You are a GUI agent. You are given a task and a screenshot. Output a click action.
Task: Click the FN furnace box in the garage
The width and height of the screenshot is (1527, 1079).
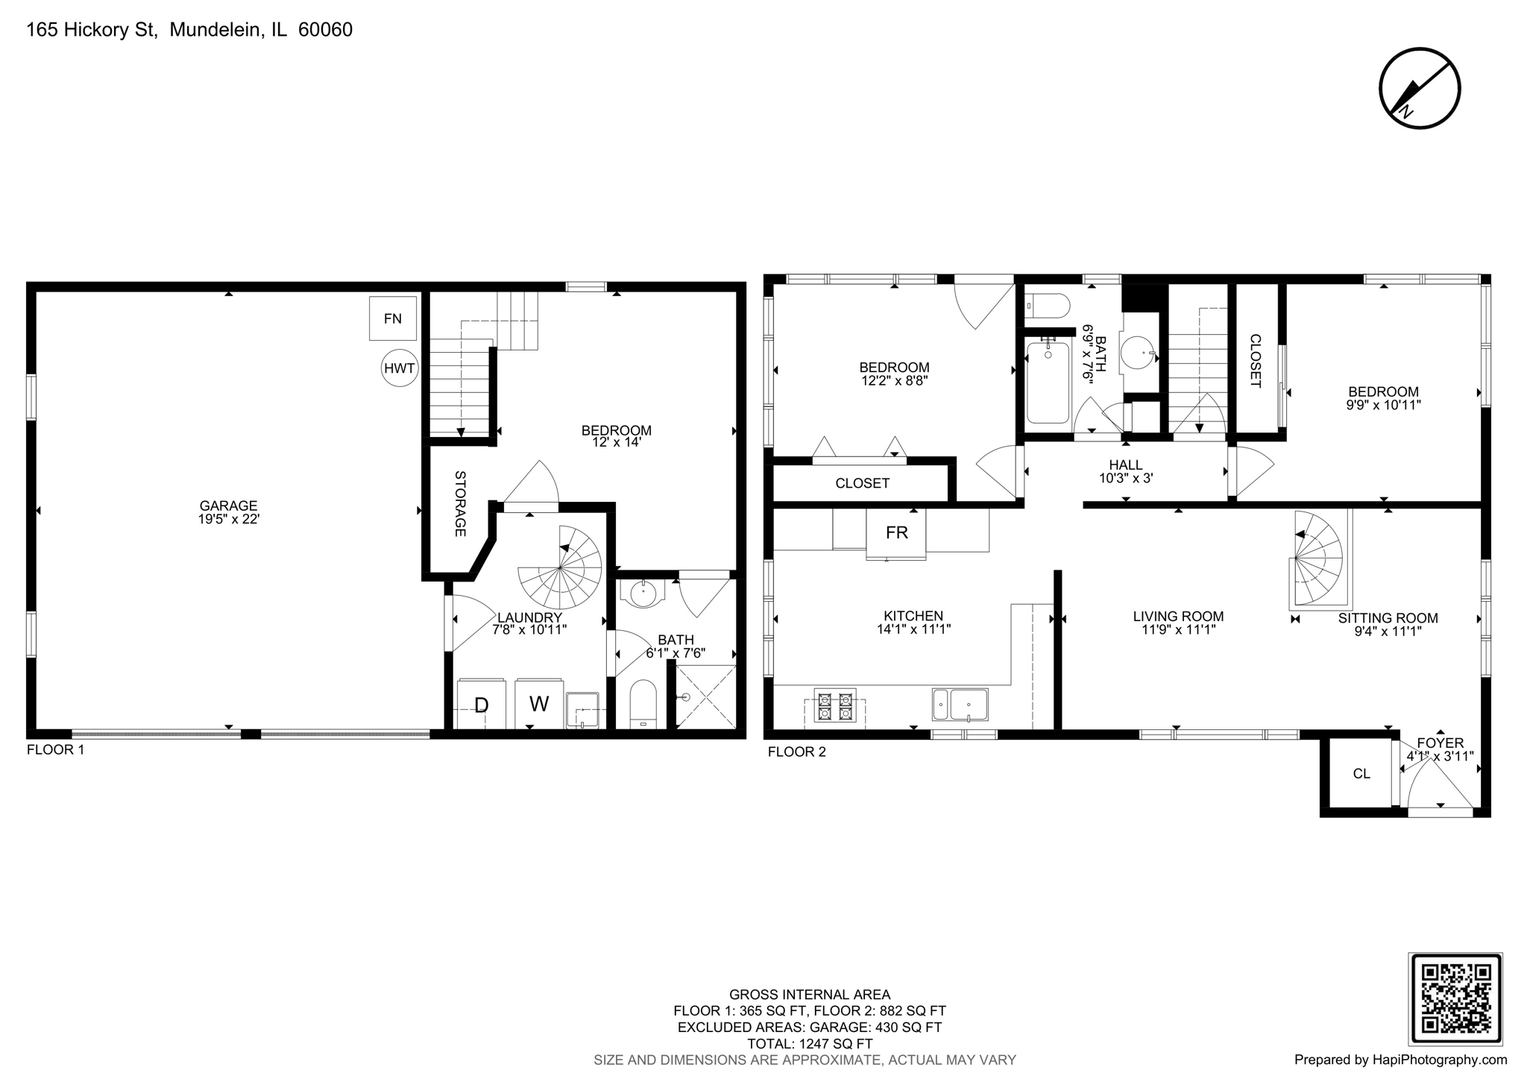point(392,318)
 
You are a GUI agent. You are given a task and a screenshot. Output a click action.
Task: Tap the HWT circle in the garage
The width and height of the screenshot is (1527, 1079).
point(399,368)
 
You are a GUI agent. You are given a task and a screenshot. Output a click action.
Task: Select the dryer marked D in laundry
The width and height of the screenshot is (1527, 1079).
point(481,704)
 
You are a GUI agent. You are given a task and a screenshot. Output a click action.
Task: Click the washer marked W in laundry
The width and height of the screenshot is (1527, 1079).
point(538,703)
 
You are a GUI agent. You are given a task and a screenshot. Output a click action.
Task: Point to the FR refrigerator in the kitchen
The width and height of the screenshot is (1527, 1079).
point(896,532)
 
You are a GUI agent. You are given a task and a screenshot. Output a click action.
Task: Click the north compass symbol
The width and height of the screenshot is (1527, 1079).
point(1419,88)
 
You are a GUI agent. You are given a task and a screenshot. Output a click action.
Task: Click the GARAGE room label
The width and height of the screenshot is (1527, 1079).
point(228,512)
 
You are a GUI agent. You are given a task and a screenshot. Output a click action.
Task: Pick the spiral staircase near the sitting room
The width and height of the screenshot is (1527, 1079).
point(1317,558)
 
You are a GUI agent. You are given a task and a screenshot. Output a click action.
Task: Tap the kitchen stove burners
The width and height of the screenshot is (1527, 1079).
point(834,706)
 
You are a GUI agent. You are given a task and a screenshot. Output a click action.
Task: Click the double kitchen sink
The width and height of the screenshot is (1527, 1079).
point(960,704)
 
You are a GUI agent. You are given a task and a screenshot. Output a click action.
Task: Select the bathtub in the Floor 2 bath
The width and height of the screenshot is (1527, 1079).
point(1048,381)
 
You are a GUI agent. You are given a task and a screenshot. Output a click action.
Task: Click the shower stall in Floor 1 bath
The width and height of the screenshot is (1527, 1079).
point(705,697)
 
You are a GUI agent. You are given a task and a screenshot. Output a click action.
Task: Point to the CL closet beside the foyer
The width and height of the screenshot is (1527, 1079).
point(1361,773)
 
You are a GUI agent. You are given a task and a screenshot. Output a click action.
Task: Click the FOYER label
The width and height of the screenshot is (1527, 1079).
point(1440,743)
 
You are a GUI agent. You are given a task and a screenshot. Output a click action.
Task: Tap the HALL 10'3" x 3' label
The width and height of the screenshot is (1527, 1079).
point(1125,471)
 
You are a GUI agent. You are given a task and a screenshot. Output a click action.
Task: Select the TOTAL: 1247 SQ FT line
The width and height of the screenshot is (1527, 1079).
point(809,1043)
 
